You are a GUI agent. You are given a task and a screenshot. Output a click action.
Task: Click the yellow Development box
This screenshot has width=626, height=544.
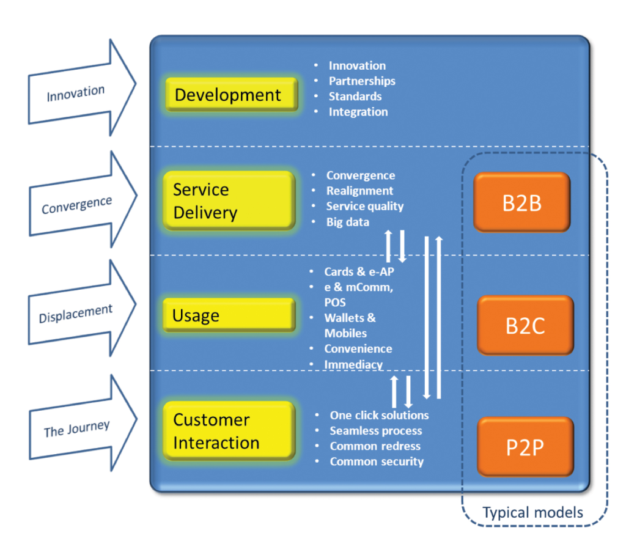[232, 94]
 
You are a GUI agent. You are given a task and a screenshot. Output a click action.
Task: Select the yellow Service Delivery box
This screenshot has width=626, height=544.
[229, 200]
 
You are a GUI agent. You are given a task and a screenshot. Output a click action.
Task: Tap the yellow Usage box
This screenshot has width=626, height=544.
[229, 315]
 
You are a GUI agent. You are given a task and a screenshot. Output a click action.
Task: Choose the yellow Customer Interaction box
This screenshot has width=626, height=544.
[229, 431]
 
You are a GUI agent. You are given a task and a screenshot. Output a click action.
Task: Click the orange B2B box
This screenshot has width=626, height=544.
[522, 202]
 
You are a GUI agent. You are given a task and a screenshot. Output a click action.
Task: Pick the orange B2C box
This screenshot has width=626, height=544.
[525, 325]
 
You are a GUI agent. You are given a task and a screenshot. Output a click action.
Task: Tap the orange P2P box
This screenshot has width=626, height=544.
[525, 447]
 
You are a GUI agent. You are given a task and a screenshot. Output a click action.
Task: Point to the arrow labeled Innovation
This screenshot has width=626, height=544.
[82, 89]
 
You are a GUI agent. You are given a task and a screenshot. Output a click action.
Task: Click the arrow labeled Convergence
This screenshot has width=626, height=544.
[83, 199]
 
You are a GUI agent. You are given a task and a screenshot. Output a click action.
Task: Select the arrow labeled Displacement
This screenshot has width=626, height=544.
[82, 309]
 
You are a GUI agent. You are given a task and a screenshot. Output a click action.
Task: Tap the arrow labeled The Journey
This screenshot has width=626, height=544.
[83, 423]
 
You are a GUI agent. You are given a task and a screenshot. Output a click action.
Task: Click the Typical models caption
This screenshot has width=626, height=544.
[532, 512]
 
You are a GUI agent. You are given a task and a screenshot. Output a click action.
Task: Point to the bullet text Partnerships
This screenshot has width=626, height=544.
[362, 81]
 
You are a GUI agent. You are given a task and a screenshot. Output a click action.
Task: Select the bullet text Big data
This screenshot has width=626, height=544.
[348, 222]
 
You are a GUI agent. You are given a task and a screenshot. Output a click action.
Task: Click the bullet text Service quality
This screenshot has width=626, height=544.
[365, 207]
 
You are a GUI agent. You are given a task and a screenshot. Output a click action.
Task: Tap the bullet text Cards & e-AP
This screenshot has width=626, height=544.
[359, 272]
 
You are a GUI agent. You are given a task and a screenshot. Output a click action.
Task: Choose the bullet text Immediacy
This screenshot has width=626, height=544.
[353, 364]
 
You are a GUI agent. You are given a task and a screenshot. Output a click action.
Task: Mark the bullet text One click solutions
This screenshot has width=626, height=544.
[379, 415]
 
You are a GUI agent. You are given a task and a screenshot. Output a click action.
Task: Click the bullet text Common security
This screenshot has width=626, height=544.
[377, 461]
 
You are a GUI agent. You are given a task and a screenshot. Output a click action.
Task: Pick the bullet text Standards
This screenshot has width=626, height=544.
[355, 96]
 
